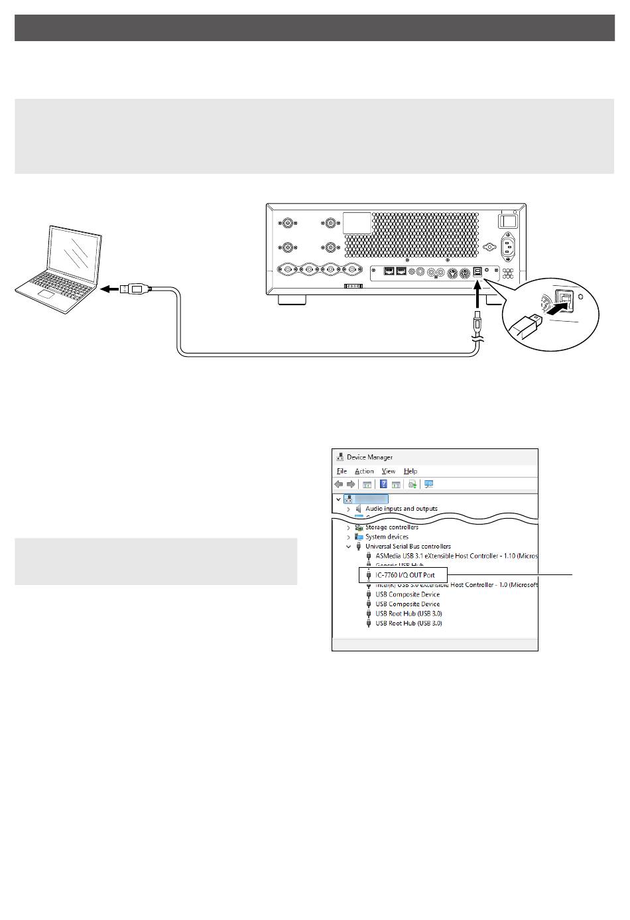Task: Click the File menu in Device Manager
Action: click(342, 471)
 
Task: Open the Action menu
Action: click(364, 471)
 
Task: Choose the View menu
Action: click(389, 471)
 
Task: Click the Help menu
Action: click(410, 471)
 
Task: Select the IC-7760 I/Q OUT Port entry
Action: click(405, 575)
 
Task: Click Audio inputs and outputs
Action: click(401, 509)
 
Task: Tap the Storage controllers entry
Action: click(391, 527)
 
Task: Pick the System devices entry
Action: click(387, 537)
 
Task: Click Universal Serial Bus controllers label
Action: click(408, 547)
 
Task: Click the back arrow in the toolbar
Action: click(339, 484)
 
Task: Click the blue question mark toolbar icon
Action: click(383, 484)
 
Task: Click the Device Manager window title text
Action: click(369, 457)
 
